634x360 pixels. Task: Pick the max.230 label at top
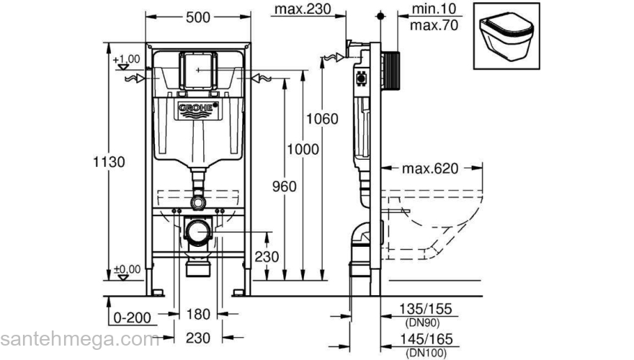pyautogui.click(x=301, y=9)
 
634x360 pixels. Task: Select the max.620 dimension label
pyautogui.click(x=430, y=170)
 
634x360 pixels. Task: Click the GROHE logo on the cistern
pyautogui.click(x=197, y=109)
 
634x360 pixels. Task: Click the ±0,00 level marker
pyautogui.click(x=127, y=269)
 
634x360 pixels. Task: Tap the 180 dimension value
pyautogui.click(x=197, y=315)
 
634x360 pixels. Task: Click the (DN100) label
pyautogui.click(x=425, y=353)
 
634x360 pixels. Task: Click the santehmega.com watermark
pyautogui.click(x=79, y=339)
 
